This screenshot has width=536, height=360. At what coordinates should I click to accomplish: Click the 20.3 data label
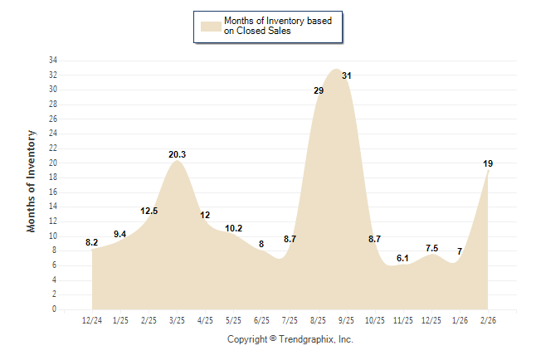(x=177, y=154)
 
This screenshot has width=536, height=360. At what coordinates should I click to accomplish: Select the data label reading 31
(x=347, y=75)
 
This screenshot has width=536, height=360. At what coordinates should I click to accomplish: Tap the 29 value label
(x=319, y=90)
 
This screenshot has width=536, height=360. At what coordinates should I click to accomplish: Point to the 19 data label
(x=489, y=163)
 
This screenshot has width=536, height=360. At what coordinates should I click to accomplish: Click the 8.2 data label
(x=92, y=242)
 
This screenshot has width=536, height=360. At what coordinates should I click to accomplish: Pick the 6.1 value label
(x=402, y=258)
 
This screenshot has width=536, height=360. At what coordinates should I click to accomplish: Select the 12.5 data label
(x=149, y=211)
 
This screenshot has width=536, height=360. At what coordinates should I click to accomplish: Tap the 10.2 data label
(x=234, y=228)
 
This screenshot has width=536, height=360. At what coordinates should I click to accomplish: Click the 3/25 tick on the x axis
(x=177, y=320)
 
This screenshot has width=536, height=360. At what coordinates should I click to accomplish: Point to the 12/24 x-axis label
(x=92, y=320)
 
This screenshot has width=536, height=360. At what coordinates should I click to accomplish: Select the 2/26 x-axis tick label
(x=488, y=320)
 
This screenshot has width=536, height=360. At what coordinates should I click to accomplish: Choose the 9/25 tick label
(x=347, y=320)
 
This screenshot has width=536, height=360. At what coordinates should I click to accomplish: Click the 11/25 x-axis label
(x=403, y=320)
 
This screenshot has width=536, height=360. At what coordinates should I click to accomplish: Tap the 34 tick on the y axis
(x=52, y=61)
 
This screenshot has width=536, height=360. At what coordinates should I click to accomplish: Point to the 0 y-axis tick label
(x=54, y=309)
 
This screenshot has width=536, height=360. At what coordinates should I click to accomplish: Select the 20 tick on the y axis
(x=52, y=163)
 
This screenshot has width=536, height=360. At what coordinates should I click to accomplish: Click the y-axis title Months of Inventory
(x=32, y=181)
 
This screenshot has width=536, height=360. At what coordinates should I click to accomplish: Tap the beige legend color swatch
(x=210, y=27)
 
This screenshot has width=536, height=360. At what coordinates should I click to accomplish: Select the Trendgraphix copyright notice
(x=290, y=339)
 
